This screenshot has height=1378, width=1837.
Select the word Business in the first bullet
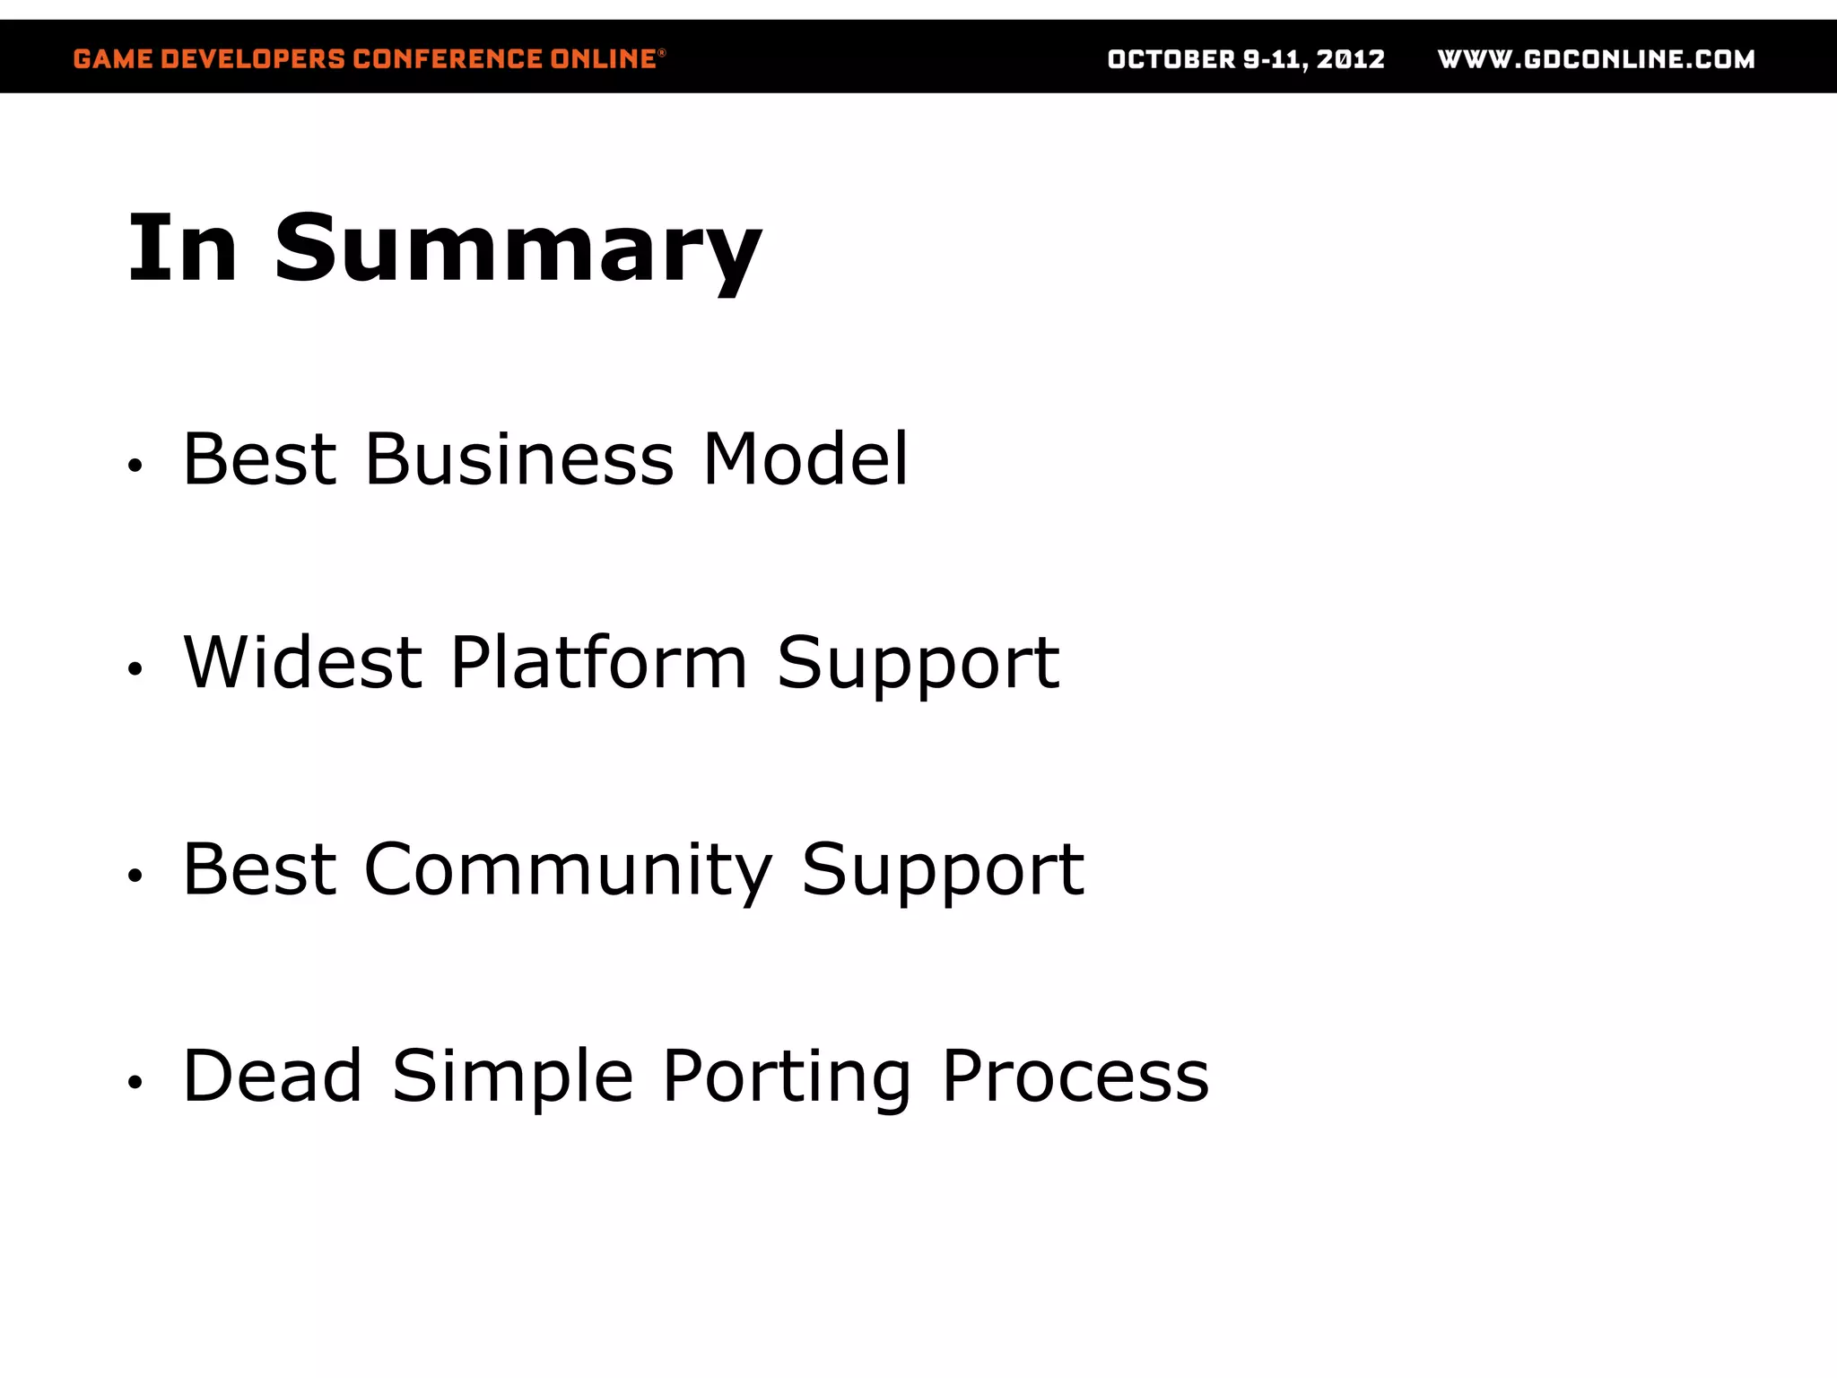518,459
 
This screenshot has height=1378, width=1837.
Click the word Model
805,459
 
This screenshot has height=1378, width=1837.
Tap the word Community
567,870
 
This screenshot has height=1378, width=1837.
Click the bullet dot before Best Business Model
135,466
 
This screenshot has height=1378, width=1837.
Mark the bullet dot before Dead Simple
135,1083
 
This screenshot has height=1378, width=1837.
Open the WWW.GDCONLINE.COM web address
1596,59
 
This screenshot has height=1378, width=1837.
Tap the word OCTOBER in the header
1171,59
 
